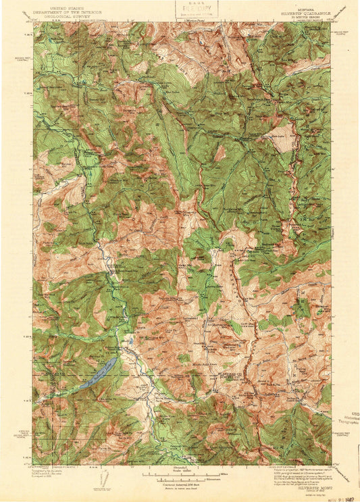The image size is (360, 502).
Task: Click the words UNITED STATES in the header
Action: [68, 5]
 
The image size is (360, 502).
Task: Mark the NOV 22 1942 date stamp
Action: [343, 497]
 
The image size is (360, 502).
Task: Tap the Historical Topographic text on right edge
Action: [353, 420]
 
